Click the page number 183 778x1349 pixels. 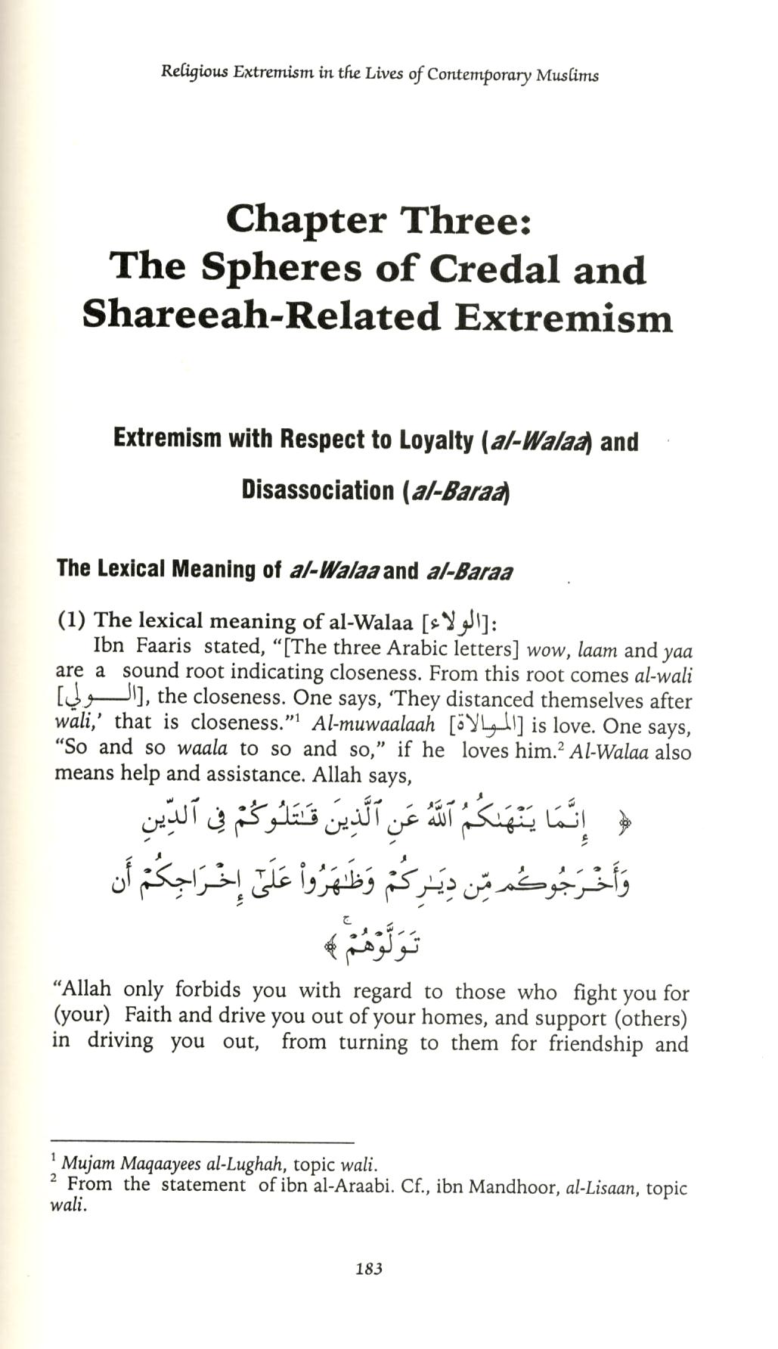[369, 1269]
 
